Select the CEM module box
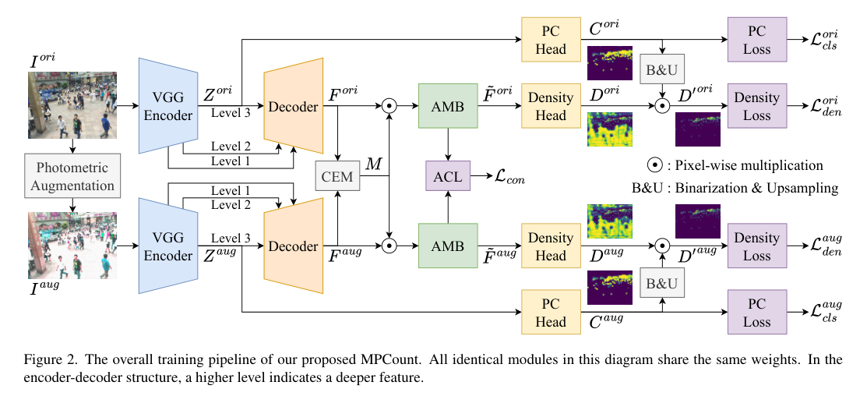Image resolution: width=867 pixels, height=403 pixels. (337, 177)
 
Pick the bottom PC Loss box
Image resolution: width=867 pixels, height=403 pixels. (756, 313)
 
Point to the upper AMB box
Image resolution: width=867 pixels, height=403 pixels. (447, 105)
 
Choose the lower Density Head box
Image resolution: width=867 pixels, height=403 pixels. (552, 246)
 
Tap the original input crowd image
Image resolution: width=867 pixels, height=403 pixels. (72, 105)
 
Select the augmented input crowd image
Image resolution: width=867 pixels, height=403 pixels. (72, 245)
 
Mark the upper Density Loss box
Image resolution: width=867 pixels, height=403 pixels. (756, 106)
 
